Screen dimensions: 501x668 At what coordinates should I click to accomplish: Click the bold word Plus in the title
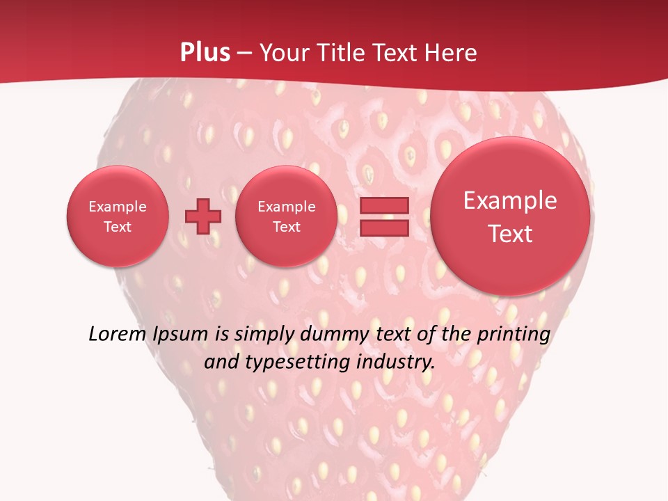click(x=205, y=53)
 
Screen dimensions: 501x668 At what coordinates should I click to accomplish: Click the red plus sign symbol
click(x=203, y=216)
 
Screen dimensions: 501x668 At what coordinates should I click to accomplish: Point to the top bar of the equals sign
click(x=383, y=205)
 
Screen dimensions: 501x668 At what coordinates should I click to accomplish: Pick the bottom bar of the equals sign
click(x=383, y=228)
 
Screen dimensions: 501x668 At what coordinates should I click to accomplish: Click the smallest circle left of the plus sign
click(x=118, y=216)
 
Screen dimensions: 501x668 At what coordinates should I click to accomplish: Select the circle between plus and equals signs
click(x=287, y=216)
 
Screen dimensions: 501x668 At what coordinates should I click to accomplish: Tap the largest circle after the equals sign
click(x=510, y=216)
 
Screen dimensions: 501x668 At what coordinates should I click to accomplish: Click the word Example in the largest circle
click(x=510, y=200)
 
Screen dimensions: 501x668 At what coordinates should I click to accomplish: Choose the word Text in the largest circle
click(x=510, y=234)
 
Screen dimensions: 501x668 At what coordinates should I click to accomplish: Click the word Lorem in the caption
click(x=117, y=334)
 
